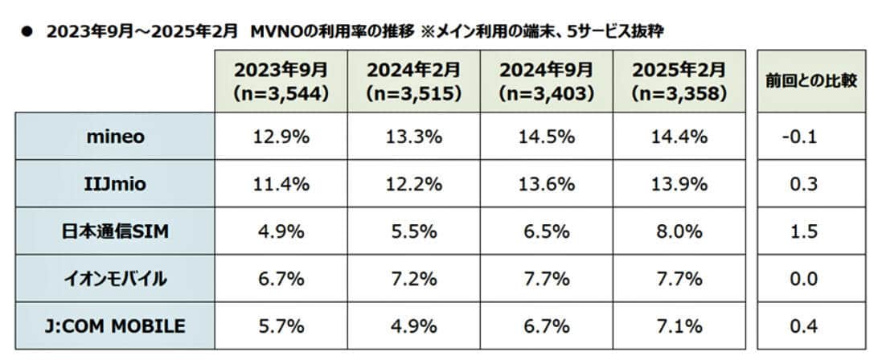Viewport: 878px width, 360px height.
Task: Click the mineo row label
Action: pos(114,137)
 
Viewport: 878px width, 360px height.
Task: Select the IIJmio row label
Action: pos(114,184)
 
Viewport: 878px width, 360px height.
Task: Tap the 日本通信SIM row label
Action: pos(114,231)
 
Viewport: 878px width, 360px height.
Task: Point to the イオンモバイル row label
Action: pos(114,279)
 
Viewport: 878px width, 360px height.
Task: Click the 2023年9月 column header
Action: pos(281,80)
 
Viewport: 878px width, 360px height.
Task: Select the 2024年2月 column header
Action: pos(413,80)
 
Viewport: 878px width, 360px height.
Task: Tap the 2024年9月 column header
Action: pos(546,80)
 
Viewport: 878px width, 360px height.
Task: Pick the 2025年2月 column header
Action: pos(679,80)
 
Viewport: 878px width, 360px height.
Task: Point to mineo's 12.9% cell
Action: pos(281,137)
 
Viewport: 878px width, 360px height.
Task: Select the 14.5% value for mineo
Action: pos(546,137)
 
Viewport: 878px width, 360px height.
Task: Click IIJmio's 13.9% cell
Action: pos(679,184)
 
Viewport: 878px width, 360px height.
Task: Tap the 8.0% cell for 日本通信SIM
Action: pos(679,231)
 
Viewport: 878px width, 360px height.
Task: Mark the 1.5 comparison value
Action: pos(799,231)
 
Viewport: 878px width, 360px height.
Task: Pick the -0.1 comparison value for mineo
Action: pos(799,137)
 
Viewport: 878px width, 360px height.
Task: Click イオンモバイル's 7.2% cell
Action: pos(413,279)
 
